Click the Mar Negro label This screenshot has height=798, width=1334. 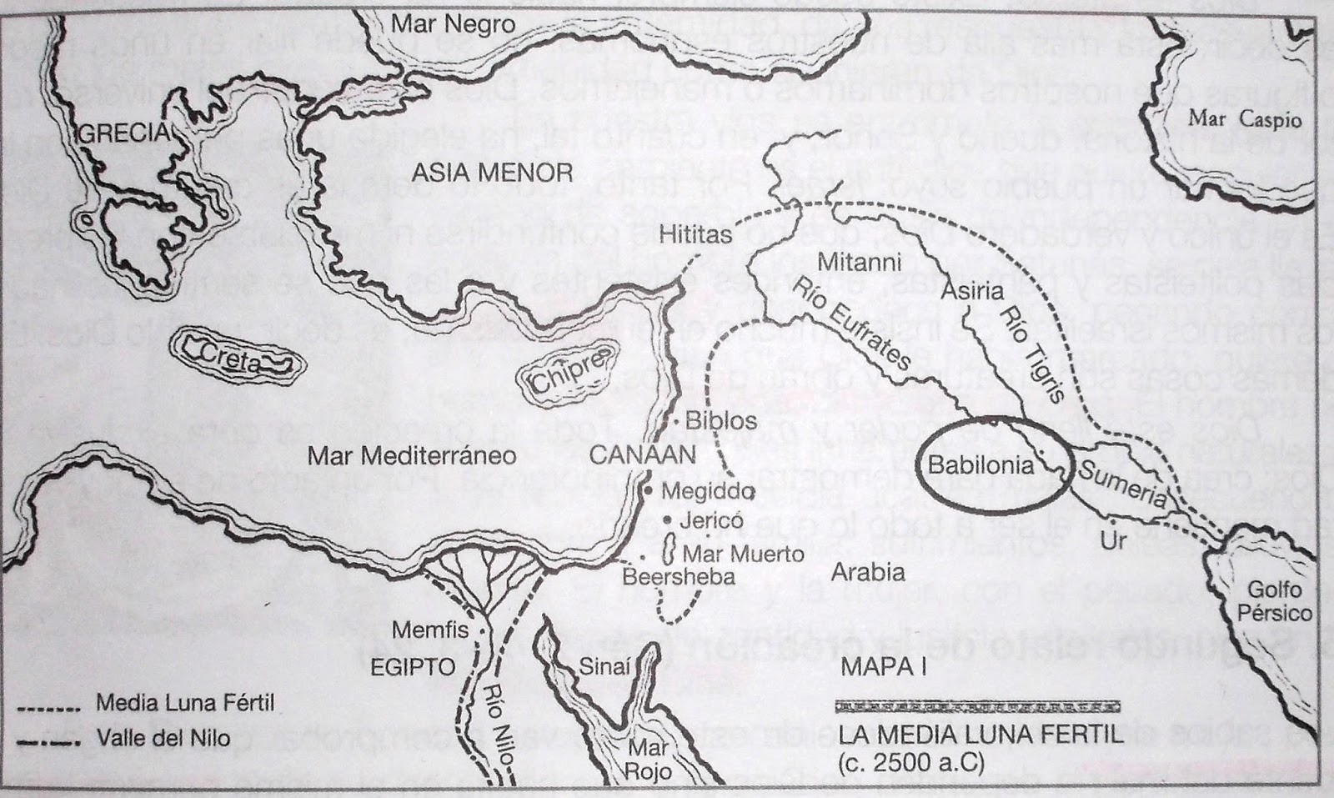pos(454,24)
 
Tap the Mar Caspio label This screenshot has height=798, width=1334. pos(1245,118)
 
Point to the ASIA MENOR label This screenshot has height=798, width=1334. pos(493,173)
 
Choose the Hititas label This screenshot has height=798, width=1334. pos(695,234)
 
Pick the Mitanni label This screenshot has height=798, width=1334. pos(859,262)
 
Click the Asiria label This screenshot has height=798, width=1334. pos(971,291)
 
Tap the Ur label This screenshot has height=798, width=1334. pos(1114,540)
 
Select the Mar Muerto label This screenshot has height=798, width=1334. pos(743,554)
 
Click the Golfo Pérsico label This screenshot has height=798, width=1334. pos(1274,600)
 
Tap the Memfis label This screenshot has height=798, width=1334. pos(430,630)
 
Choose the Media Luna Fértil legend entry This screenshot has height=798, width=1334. pos(184,702)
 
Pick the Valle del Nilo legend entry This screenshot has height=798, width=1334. pos(163,738)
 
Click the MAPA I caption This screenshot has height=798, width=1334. pos(884,666)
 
